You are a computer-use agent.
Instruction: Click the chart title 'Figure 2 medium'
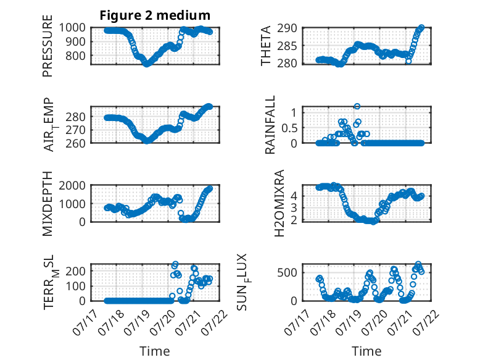pos(155,15)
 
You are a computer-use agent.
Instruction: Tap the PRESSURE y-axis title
pos(48,46)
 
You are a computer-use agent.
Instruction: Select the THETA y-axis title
pos(266,46)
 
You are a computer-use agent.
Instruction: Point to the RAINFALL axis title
pos(270,125)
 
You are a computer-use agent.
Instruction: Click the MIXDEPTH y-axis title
pos(48,203)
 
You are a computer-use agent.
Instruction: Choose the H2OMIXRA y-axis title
pos(279,203)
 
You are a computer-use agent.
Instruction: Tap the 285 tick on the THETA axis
pos(287,46)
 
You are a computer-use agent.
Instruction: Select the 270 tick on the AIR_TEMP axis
pos(75,130)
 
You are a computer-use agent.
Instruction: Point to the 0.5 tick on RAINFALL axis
pos(289,128)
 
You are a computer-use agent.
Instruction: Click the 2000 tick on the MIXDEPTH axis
pos(72,185)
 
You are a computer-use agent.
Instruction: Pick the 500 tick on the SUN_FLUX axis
pos(287,272)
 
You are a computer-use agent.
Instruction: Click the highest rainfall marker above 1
pos(357,106)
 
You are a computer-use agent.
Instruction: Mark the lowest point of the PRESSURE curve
pos(147,64)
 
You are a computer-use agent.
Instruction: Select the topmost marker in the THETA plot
pos(421,28)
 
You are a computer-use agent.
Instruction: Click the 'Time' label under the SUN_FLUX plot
pos(366,351)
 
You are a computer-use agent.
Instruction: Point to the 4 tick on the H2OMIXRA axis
pos(294,196)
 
